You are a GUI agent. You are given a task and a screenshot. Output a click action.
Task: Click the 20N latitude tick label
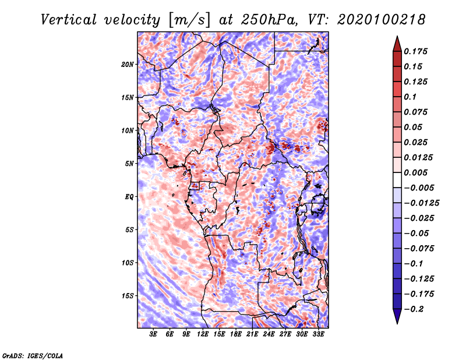click(x=128, y=64)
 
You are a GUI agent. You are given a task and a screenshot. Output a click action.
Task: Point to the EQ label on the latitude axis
click(x=129, y=196)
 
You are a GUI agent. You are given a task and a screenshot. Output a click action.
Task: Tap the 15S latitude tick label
click(x=128, y=295)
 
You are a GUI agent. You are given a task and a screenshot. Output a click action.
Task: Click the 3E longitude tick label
click(x=154, y=334)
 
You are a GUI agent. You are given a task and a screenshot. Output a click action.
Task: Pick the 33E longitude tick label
click(x=319, y=334)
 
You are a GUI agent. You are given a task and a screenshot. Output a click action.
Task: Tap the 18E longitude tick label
click(x=236, y=334)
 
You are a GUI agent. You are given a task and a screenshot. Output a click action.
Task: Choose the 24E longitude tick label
click(x=269, y=334)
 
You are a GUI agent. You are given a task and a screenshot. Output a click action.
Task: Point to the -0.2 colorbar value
click(x=416, y=309)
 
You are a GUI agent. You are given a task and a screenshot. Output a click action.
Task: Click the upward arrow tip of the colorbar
click(x=397, y=38)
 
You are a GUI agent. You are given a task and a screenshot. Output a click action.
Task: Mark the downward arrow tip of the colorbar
click(x=397, y=322)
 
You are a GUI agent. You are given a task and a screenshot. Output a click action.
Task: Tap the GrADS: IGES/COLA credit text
click(x=32, y=355)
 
